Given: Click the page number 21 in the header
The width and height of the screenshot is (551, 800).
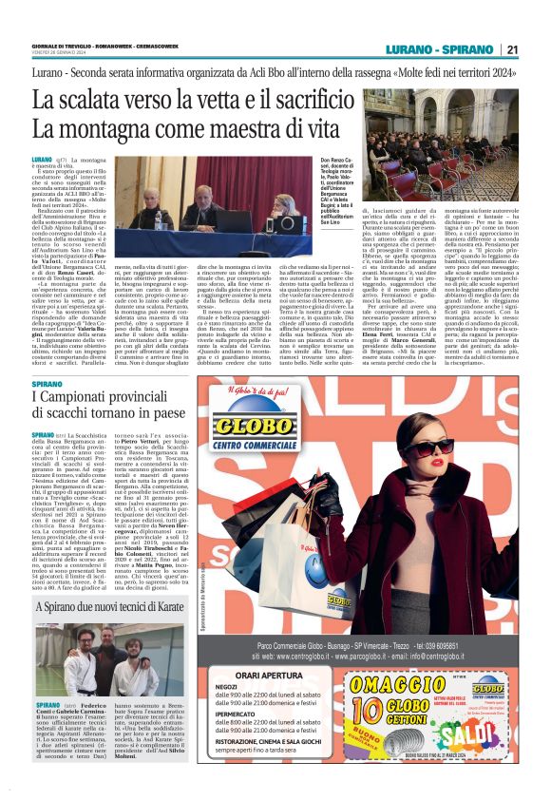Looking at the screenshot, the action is point(512,50).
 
